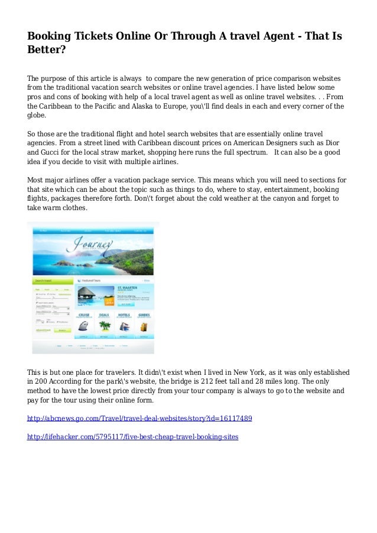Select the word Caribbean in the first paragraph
(x=57, y=106)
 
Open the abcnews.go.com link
(x=140, y=418)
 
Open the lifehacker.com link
(x=133, y=437)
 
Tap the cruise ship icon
(x=84, y=325)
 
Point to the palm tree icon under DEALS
(x=104, y=325)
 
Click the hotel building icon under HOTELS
(x=124, y=325)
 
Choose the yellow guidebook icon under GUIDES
(x=144, y=325)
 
